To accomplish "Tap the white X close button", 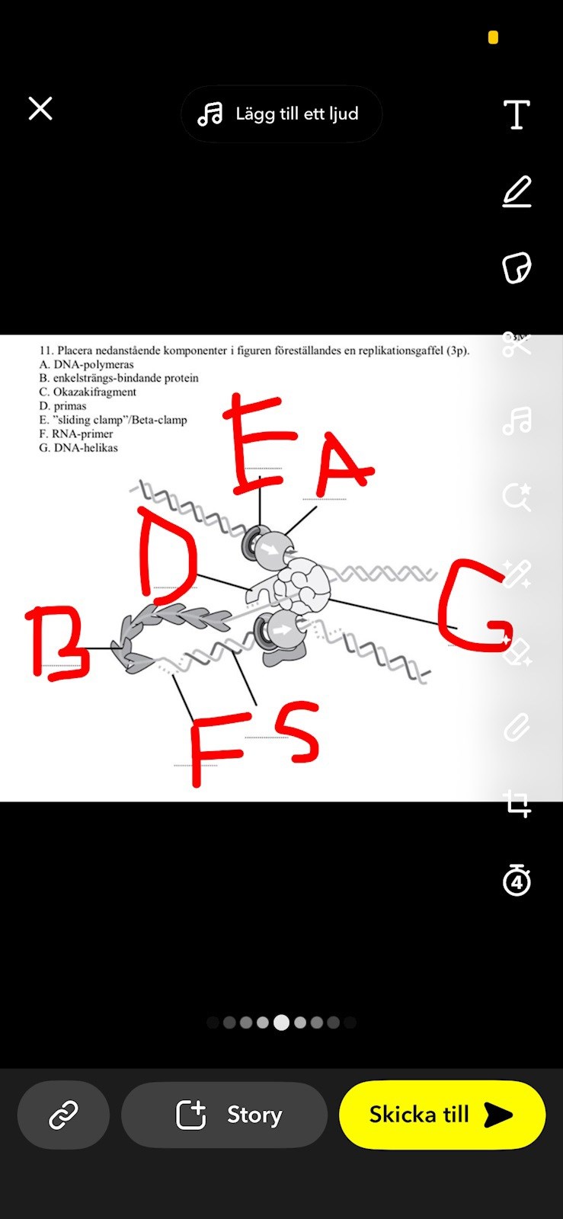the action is point(40,108).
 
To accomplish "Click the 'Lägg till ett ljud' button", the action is point(281,114).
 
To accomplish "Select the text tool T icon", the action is point(517,114).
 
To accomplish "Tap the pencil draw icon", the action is point(517,191).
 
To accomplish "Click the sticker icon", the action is point(517,267).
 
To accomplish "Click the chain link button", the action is point(63,1115).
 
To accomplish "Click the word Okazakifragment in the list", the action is point(94,392).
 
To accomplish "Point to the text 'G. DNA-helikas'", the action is point(78,448).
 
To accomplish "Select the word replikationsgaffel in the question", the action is point(393,351).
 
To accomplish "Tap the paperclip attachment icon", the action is point(517,727).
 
